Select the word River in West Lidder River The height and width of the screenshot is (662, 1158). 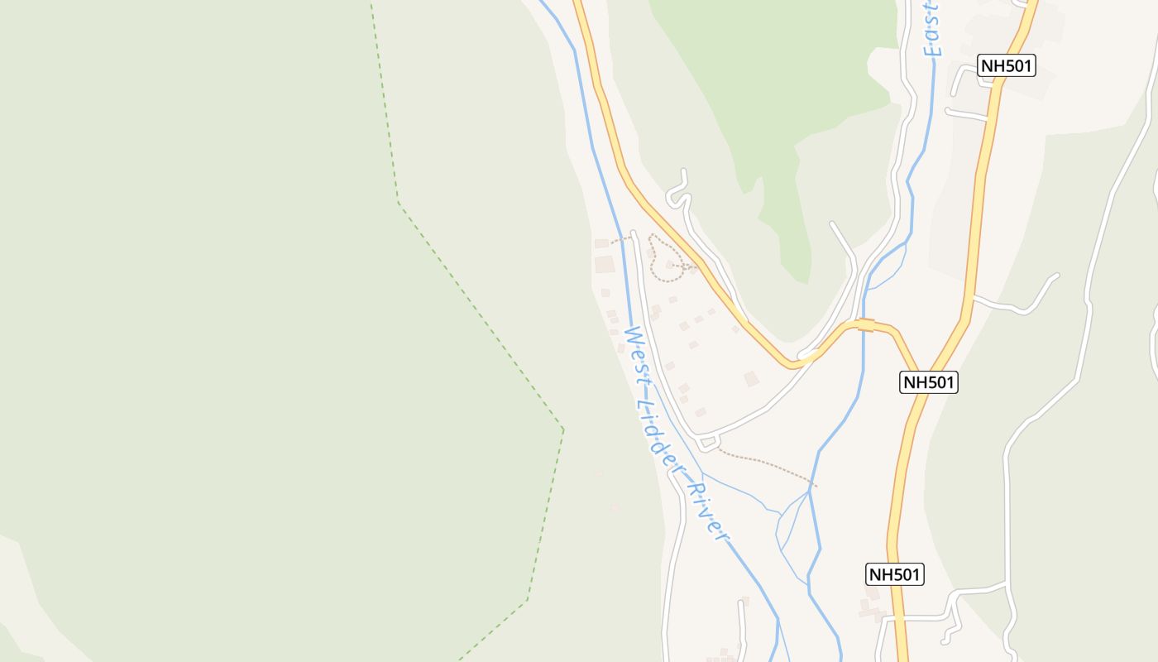point(709,513)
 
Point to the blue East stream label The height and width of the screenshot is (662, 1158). point(932,29)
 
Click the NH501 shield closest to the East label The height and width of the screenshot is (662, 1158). point(1006,66)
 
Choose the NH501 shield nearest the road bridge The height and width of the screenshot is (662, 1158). point(929,381)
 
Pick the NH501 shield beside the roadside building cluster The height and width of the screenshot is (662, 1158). point(894,574)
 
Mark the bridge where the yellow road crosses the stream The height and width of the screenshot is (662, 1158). point(865,325)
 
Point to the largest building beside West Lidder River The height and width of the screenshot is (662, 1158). point(605,265)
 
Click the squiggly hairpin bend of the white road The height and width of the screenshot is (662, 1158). point(679,192)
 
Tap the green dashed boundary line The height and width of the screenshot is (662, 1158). point(480,314)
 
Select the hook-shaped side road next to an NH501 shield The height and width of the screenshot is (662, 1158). point(964,79)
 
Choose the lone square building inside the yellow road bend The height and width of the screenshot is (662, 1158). point(751,378)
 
